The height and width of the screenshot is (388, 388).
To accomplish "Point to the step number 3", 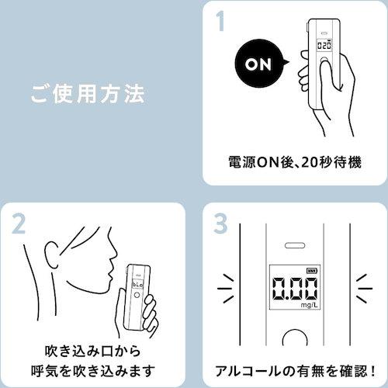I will (x=222, y=226).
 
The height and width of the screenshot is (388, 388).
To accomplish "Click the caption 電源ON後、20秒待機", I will (x=294, y=164).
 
